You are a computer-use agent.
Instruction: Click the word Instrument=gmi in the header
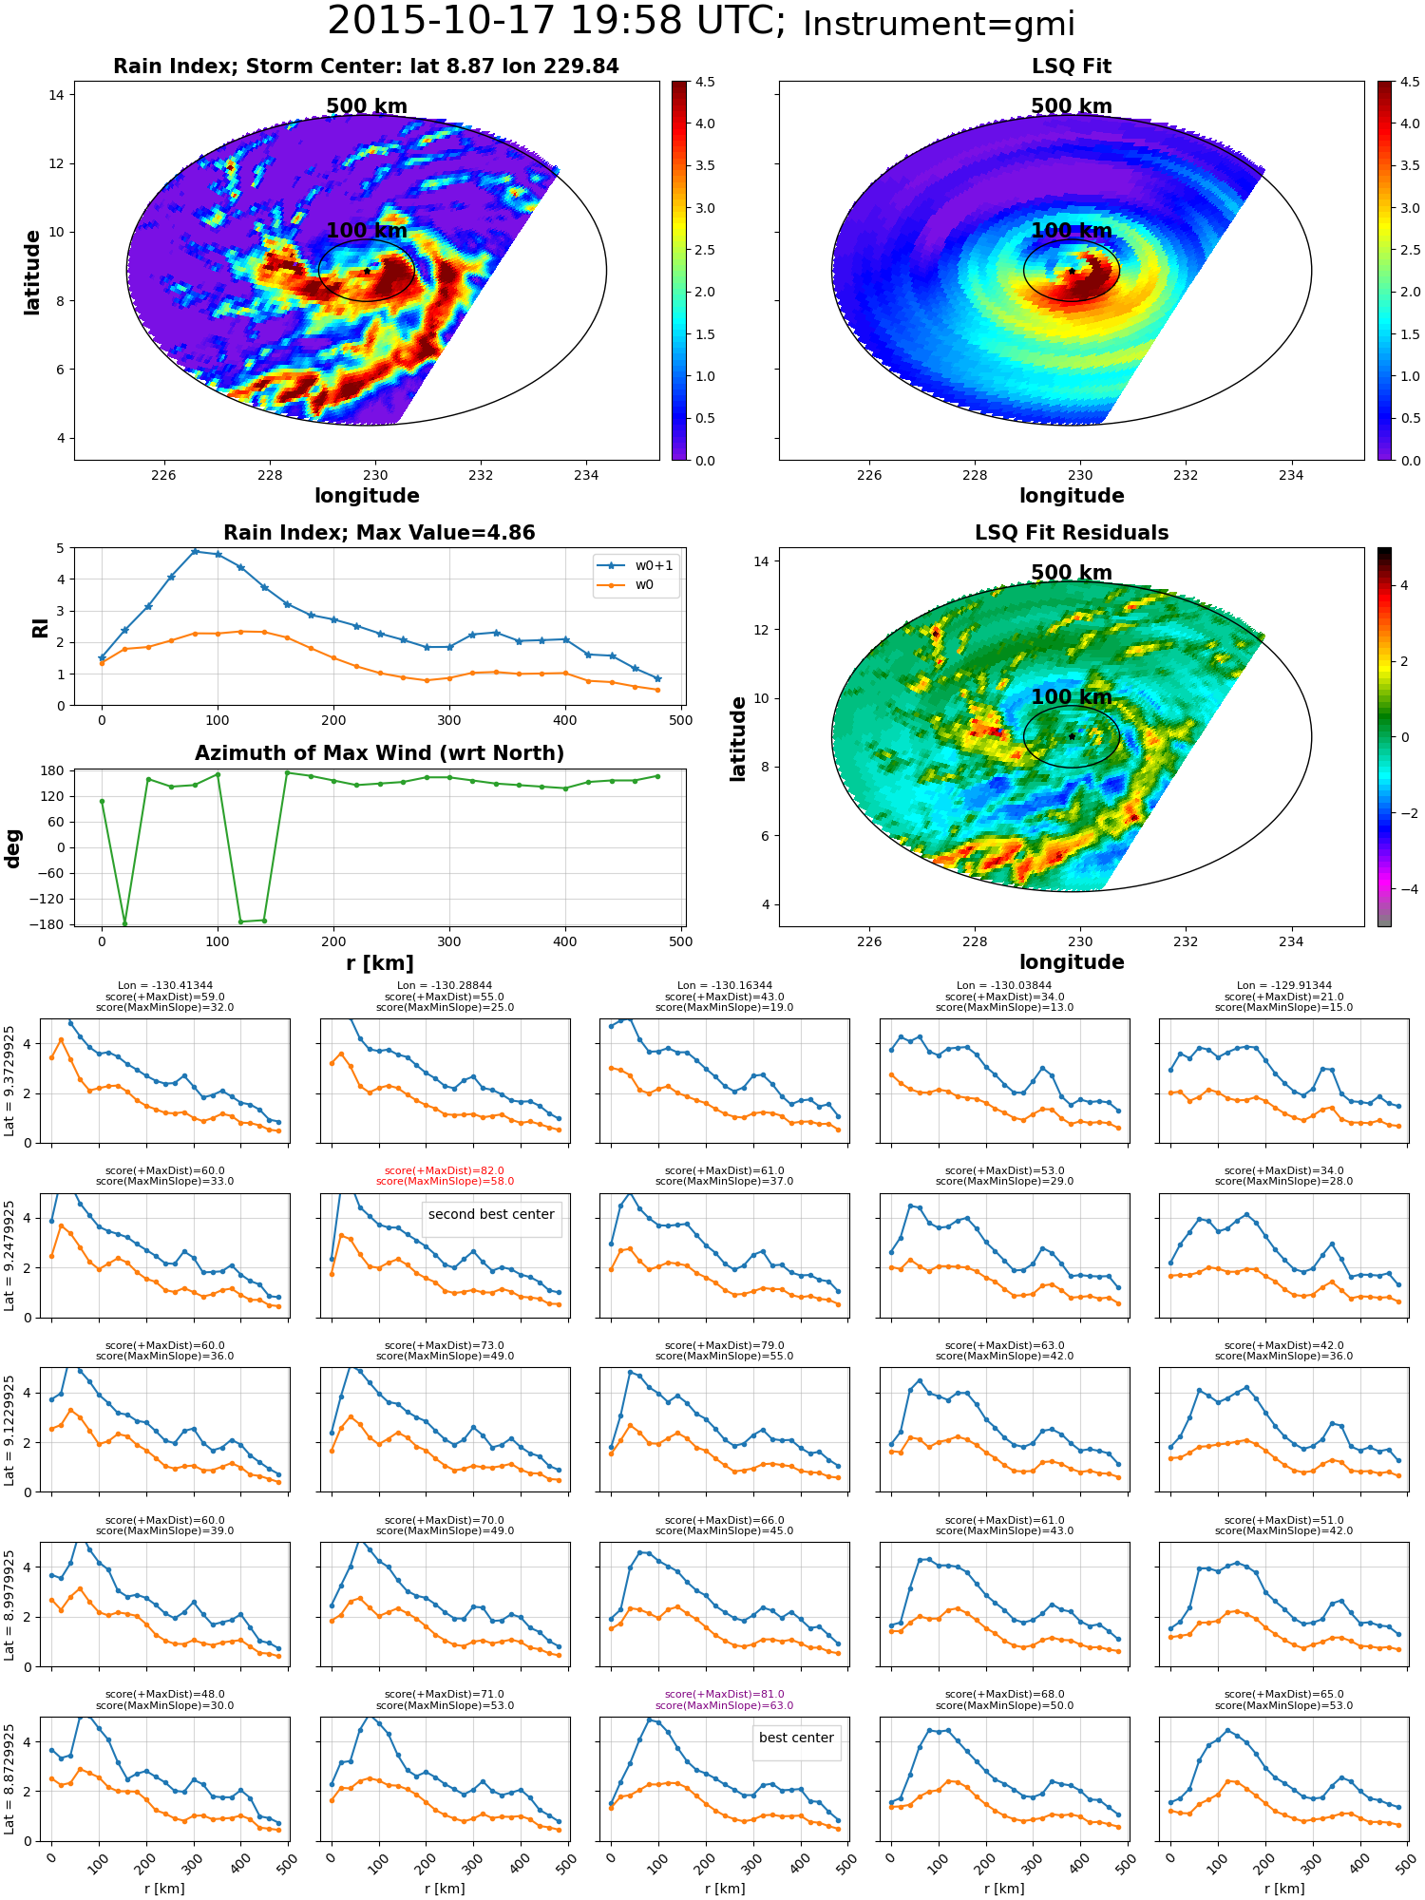(x=939, y=24)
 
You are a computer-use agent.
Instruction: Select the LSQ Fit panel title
(x=1072, y=66)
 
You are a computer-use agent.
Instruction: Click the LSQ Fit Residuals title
(x=1072, y=533)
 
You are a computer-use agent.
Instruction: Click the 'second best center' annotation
(x=491, y=1214)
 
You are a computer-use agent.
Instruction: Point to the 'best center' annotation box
(x=796, y=1738)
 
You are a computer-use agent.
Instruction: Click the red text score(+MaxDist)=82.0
(x=445, y=1170)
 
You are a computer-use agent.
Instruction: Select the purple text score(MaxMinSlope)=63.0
(x=724, y=1705)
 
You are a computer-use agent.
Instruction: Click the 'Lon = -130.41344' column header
(x=165, y=986)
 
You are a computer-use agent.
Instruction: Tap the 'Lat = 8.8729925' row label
(x=9, y=1779)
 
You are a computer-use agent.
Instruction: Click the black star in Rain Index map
(x=367, y=271)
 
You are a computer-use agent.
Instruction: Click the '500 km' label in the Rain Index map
(x=367, y=106)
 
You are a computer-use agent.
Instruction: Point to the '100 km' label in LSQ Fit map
(x=1072, y=231)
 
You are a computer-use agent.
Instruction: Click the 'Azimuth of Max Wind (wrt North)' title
(x=379, y=753)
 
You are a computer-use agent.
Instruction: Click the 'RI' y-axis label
(x=40, y=627)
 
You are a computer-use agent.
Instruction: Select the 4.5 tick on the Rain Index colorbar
(x=705, y=82)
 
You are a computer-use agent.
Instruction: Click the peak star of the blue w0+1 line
(x=195, y=551)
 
